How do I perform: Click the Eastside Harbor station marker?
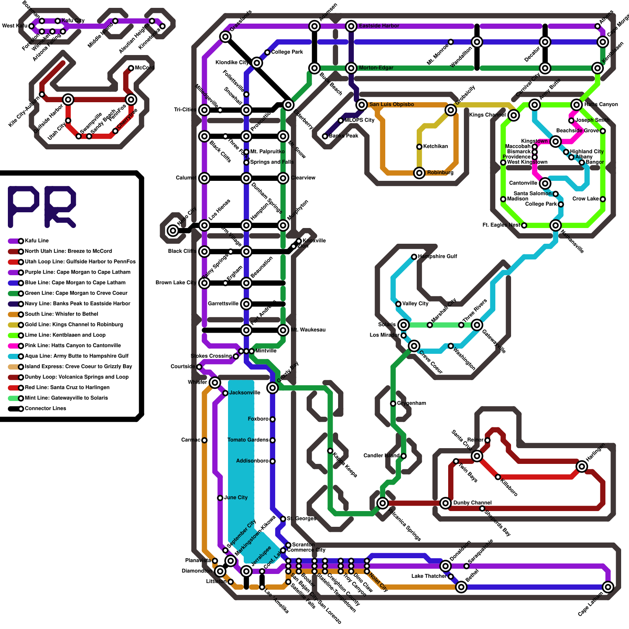351,26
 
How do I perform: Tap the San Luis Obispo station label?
392,105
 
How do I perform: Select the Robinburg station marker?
419,173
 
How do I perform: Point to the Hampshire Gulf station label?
438,256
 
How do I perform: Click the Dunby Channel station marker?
445,503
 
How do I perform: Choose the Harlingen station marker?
582,467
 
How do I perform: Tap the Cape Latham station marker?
608,587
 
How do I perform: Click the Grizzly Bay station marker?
272,388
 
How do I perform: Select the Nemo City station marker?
173,230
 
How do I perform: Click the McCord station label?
145,68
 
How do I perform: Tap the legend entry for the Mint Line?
66,398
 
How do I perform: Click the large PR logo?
42,207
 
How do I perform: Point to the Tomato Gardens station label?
248,440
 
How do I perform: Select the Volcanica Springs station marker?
383,503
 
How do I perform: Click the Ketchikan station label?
435,146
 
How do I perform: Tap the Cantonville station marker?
545,183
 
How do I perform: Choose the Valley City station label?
415,303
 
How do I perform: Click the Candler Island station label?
381,456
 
